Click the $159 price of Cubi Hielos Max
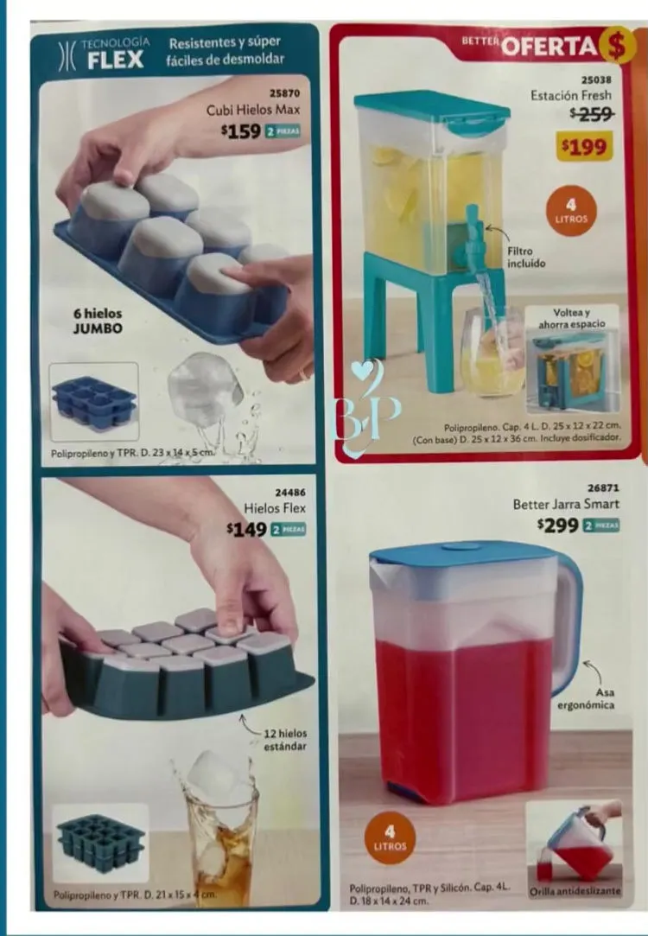pyautogui.click(x=240, y=131)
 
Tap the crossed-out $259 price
pyautogui.click(x=592, y=113)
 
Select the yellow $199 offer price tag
pyautogui.click(x=585, y=147)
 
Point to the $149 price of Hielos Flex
pyautogui.click(x=246, y=529)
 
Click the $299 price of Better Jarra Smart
pyautogui.click(x=558, y=525)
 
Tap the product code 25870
pyautogui.click(x=284, y=93)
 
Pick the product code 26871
pyautogui.click(x=603, y=487)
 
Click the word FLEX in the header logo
pyautogui.click(x=116, y=60)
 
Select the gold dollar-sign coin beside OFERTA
pyautogui.click(x=617, y=45)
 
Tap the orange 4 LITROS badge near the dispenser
pyautogui.click(x=571, y=211)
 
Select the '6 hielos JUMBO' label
pyautogui.click(x=98, y=321)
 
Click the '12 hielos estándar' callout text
pyautogui.click(x=285, y=740)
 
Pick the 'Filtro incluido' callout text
pyautogui.click(x=526, y=258)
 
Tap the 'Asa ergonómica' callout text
pyautogui.click(x=585, y=698)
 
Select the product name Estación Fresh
pyautogui.click(x=571, y=96)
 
